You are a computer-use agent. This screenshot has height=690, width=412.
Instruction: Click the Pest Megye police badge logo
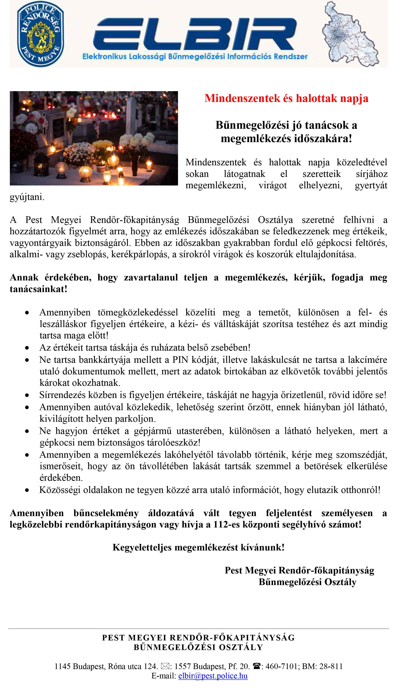click(41, 34)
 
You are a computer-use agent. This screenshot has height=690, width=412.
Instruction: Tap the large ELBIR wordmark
click(195, 34)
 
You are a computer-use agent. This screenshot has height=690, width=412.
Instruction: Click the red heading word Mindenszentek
click(242, 99)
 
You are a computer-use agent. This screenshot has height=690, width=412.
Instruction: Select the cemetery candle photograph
click(94, 138)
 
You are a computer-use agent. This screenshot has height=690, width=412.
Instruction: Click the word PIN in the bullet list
click(180, 360)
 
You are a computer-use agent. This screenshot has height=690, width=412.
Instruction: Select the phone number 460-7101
click(281, 666)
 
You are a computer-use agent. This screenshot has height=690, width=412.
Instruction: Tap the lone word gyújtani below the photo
click(27, 197)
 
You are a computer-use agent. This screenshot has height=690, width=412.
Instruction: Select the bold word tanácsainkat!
click(39, 289)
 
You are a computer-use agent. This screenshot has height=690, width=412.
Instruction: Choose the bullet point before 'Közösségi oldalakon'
click(27, 491)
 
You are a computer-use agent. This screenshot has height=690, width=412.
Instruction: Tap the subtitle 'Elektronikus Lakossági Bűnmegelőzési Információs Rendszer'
click(195, 57)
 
